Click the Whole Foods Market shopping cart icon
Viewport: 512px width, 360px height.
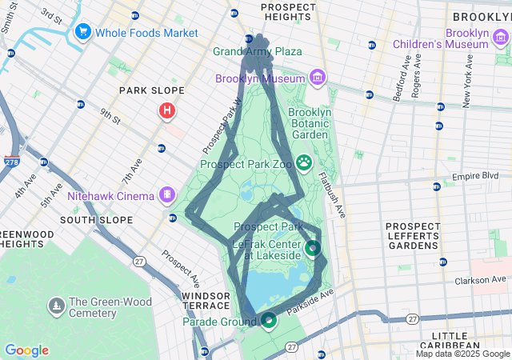click(x=82, y=33)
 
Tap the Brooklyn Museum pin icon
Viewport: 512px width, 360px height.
click(x=318, y=78)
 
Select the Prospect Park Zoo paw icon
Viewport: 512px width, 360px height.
click(x=304, y=163)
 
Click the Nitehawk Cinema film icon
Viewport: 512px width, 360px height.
click(x=167, y=194)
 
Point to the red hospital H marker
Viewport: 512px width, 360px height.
click(x=166, y=110)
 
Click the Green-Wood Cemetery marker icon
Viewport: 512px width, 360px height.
click(x=56, y=306)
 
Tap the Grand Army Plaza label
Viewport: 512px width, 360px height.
click(x=258, y=52)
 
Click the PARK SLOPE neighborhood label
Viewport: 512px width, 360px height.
click(x=152, y=91)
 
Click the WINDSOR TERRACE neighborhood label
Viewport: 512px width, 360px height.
click(x=206, y=302)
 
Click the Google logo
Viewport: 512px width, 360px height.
click(x=26, y=350)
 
